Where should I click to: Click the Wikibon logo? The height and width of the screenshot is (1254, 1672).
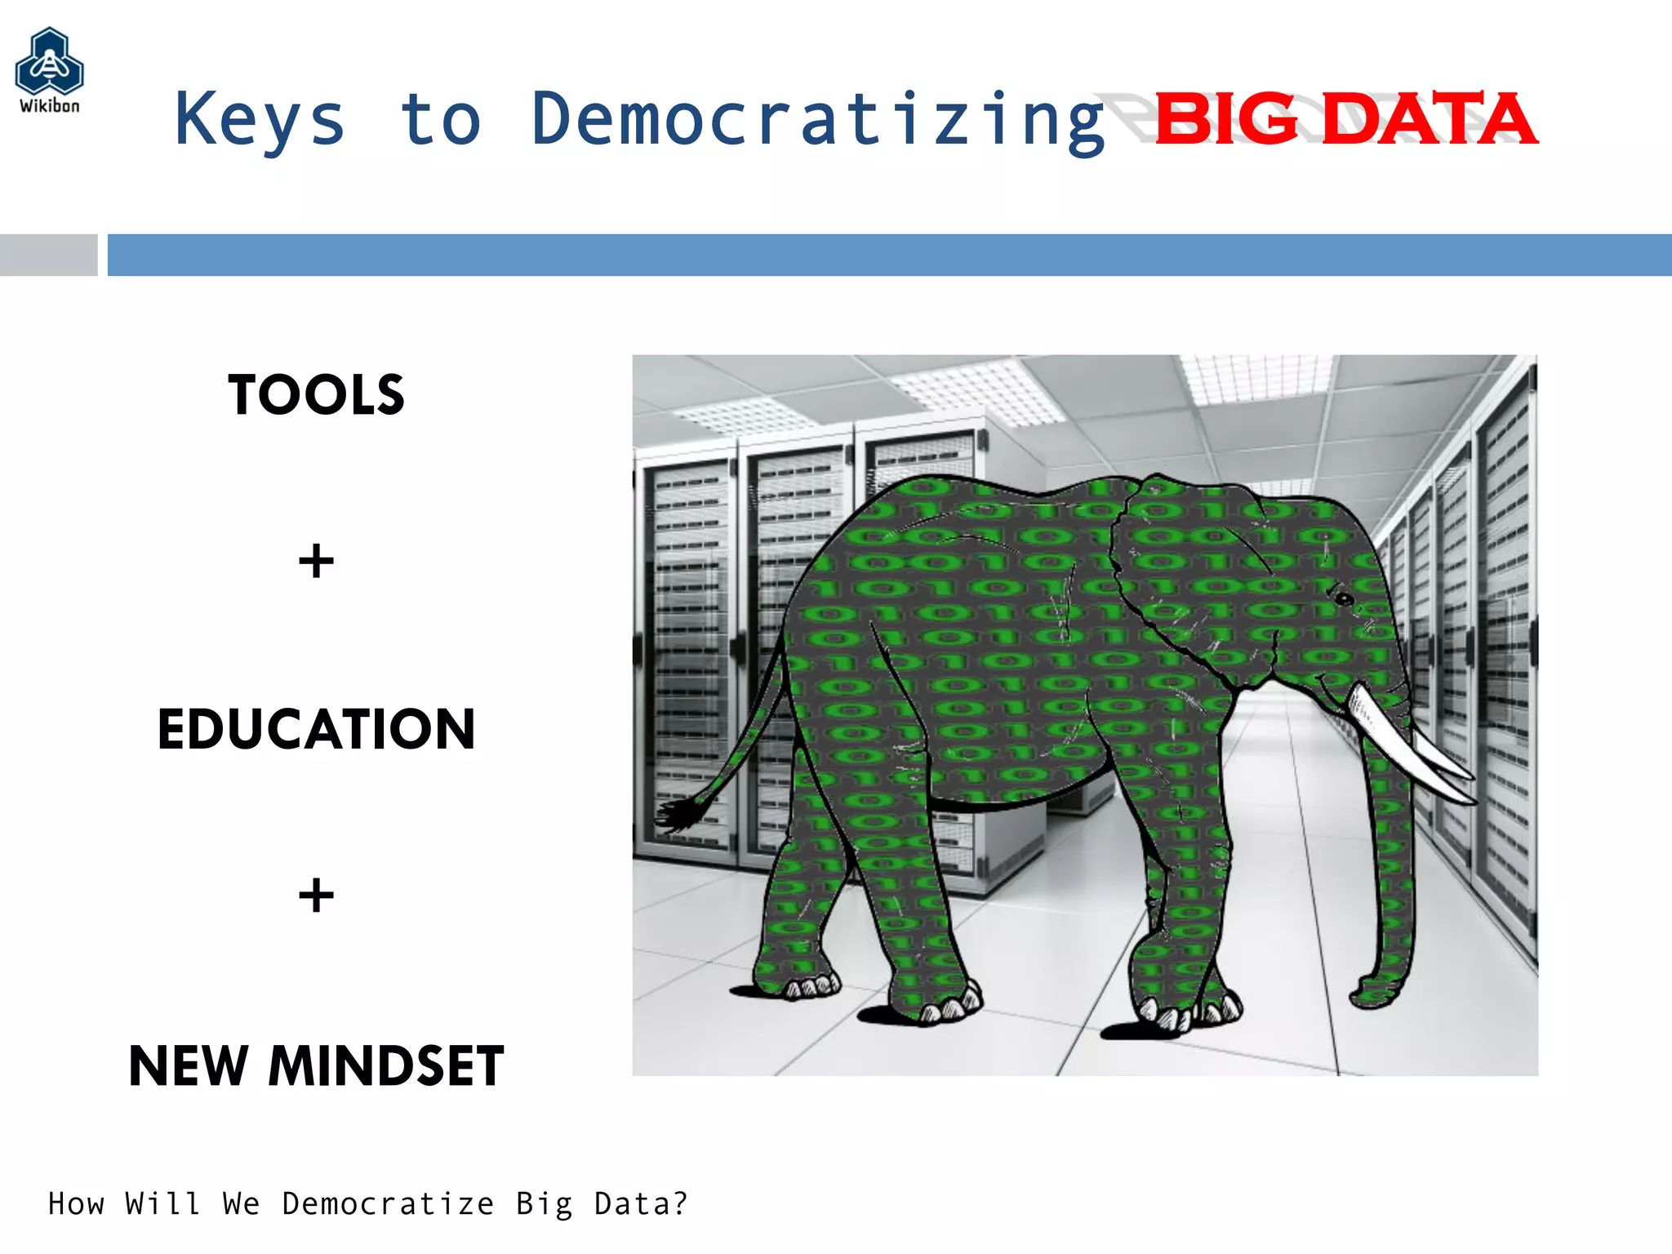(49, 69)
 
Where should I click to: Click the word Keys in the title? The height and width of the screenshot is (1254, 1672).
(260, 120)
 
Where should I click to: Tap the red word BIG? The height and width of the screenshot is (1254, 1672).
(1226, 120)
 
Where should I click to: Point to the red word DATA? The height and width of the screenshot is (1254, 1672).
(1429, 120)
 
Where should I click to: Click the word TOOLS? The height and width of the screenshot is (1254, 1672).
(316, 395)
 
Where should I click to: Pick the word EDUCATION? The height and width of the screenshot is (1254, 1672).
(316, 729)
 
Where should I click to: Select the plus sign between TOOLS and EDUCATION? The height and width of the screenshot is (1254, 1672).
(316, 562)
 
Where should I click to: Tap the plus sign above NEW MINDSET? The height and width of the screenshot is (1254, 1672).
(316, 896)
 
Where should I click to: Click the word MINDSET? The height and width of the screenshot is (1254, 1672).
(385, 1066)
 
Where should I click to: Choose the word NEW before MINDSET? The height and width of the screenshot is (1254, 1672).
(189, 1066)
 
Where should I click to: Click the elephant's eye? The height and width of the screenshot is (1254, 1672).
(1343, 600)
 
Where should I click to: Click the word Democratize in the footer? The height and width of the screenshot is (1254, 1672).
(388, 1204)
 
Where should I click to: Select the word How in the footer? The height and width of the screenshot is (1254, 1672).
(76, 1204)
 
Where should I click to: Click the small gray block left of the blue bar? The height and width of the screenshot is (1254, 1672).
(48, 255)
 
